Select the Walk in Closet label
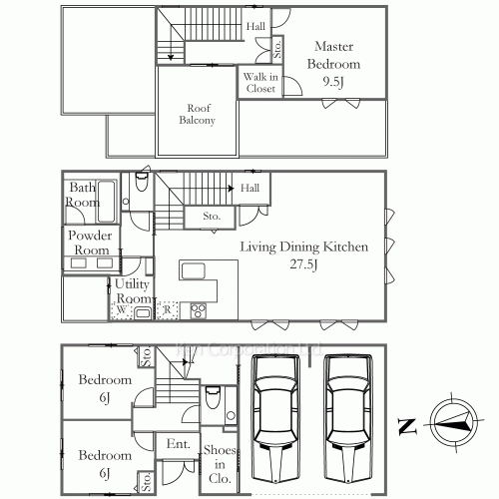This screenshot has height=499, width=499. click(259, 82)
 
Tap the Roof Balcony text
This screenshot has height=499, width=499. click(197, 115)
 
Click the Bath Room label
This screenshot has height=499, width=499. click(83, 195)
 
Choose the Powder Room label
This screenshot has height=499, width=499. click(89, 244)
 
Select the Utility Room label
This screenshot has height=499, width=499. click(132, 291)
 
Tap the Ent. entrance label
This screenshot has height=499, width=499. click(178, 444)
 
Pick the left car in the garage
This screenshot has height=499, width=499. click(273, 415)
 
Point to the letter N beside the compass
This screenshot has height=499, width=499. click(406, 426)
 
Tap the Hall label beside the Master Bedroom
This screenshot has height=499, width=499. click(257, 27)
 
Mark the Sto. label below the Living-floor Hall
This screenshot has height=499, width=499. click(212, 216)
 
